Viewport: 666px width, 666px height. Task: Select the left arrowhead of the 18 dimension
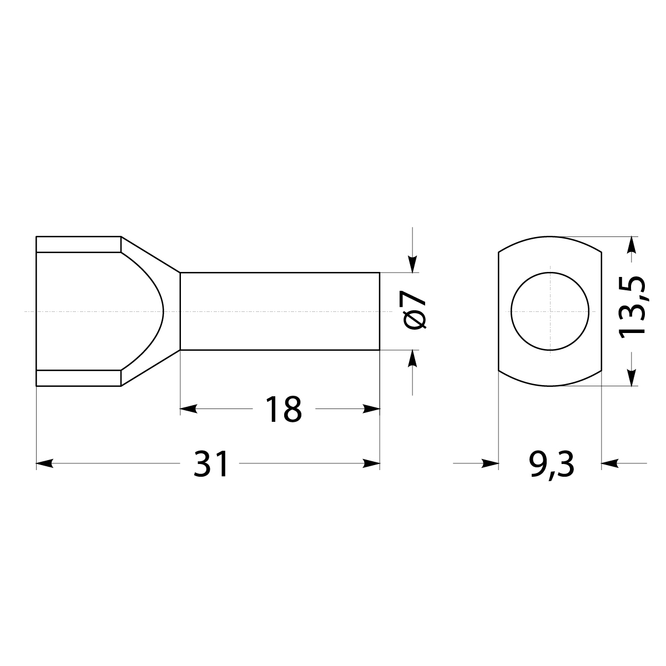tap(189, 409)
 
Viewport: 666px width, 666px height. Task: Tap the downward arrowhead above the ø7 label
tap(412, 265)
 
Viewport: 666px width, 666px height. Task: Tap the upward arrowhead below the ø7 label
tap(412, 358)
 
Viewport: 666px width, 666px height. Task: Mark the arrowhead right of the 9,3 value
tap(610, 463)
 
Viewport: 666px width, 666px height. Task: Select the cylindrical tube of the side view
tap(280, 311)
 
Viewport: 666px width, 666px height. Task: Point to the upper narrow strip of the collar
tap(78, 244)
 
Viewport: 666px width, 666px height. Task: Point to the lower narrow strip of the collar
tap(78, 378)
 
